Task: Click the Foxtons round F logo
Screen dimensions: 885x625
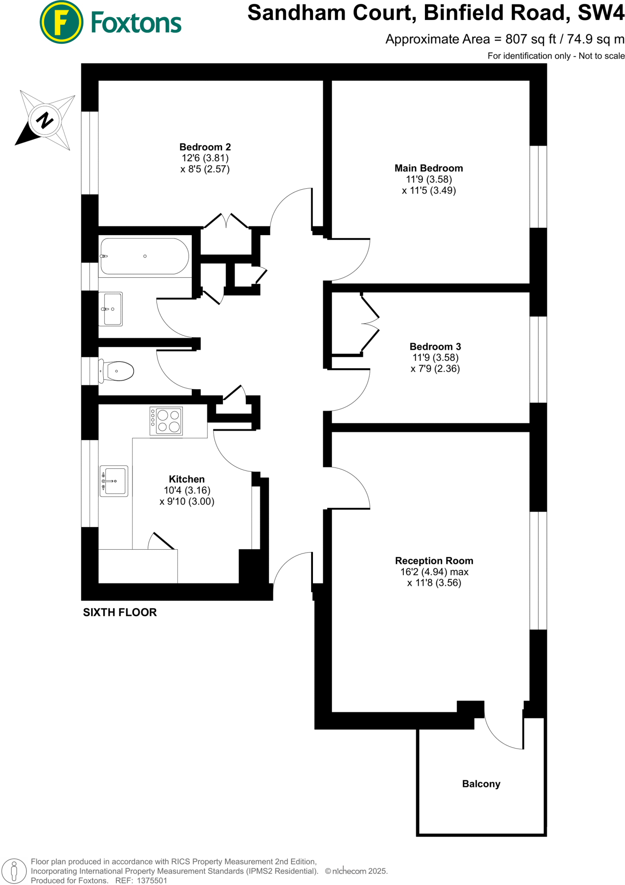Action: [61, 22]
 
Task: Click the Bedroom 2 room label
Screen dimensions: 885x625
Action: [205, 147]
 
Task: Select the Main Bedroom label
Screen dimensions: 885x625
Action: [428, 169]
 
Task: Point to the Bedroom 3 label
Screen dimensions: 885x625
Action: [435, 347]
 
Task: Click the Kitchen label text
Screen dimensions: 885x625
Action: [187, 479]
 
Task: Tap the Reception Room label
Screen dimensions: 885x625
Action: [434, 561]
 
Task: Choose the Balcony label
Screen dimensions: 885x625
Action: [481, 784]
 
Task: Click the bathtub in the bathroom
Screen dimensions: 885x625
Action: [145, 256]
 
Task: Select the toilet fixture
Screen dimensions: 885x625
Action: [118, 371]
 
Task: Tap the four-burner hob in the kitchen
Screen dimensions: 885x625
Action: [166, 421]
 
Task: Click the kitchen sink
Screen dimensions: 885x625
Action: [114, 481]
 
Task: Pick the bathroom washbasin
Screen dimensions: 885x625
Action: [111, 309]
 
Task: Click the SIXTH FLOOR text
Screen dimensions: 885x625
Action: [120, 612]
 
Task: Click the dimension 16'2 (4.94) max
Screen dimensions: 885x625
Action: [434, 572]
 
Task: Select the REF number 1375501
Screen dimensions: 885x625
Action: [152, 881]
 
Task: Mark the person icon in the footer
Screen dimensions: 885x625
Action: [14, 871]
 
